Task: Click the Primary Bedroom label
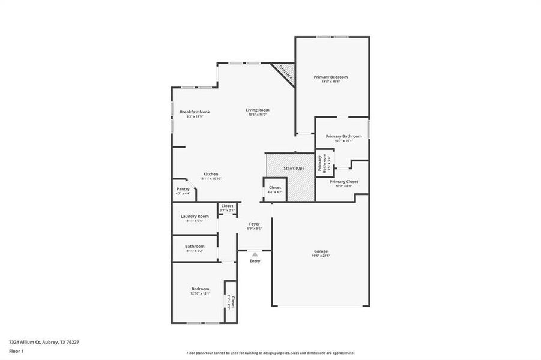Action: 330,77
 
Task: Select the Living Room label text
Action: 257,110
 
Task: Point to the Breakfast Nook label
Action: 195,112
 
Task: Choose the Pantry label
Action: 183,189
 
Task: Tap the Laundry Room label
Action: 195,216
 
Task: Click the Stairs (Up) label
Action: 294,169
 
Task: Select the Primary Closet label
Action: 344,181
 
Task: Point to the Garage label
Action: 321,251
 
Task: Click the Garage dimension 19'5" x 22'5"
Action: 321,256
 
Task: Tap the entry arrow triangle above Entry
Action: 255,254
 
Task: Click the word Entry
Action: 255,261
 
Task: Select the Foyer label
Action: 255,224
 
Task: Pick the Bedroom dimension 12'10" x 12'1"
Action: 201,293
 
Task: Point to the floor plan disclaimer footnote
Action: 270,353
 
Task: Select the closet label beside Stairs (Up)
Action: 275,188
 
